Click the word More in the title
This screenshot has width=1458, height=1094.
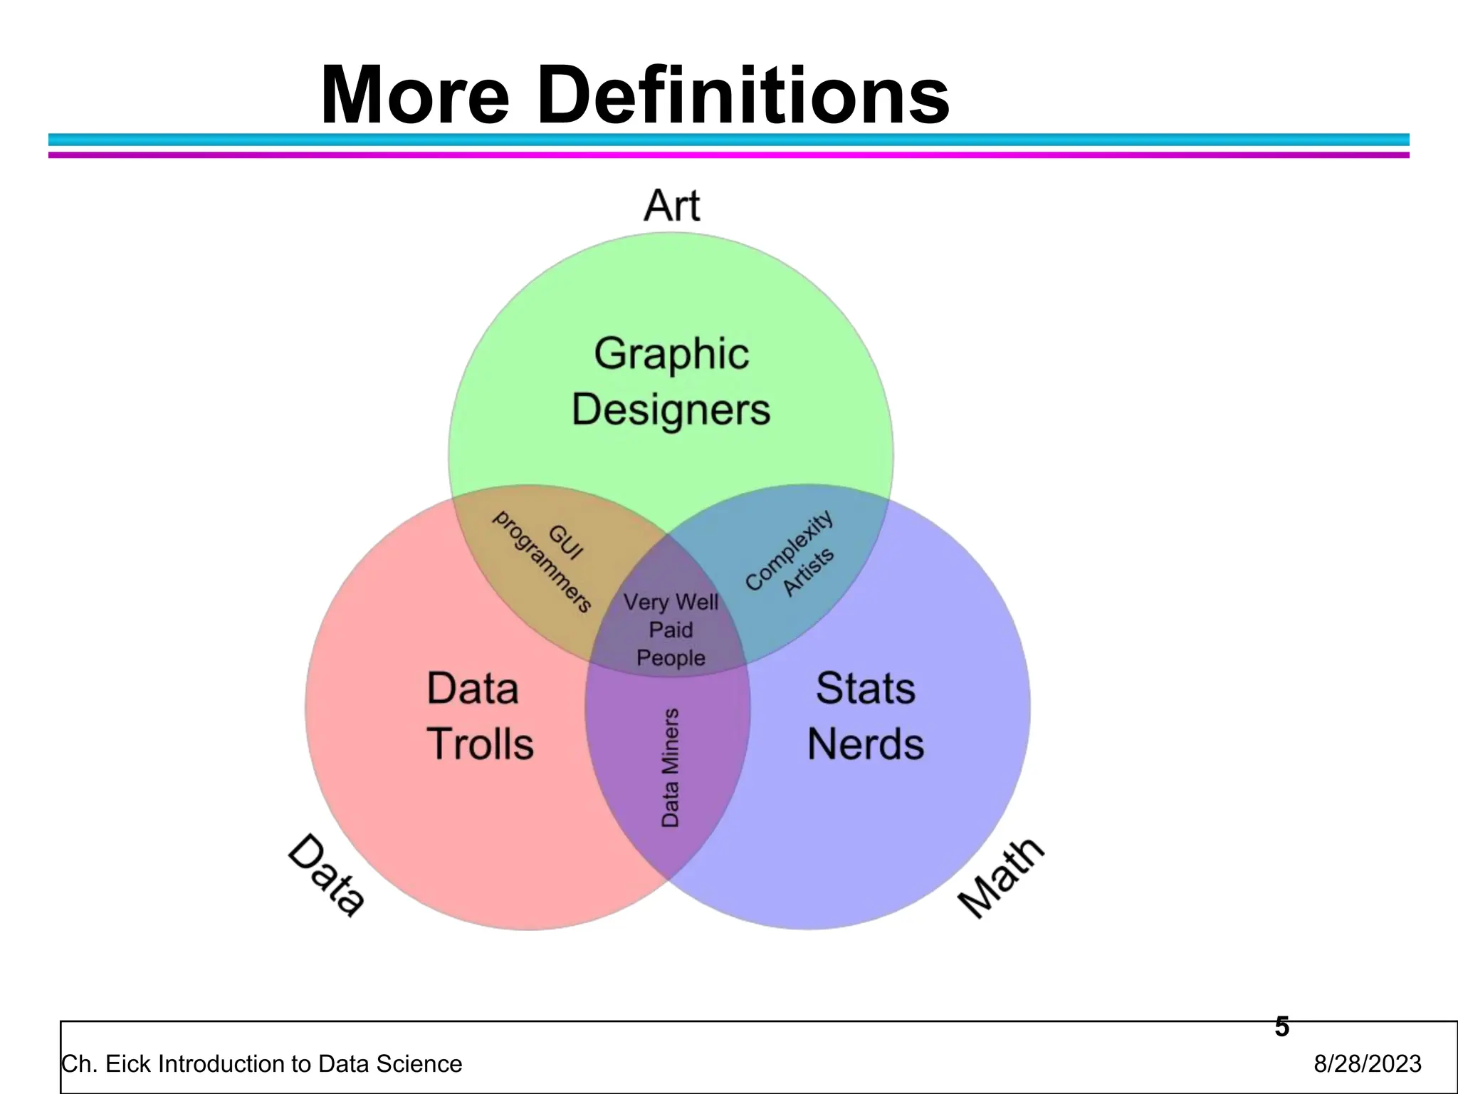point(415,95)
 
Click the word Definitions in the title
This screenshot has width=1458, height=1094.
point(743,95)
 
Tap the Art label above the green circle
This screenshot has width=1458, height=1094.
point(671,206)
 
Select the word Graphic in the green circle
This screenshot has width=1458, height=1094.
point(671,354)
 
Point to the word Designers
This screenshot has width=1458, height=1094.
point(671,410)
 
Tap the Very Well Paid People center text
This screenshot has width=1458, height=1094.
point(671,630)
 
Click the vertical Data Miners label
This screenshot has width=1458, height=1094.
point(670,767)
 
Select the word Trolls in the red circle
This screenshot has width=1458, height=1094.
point(481,744)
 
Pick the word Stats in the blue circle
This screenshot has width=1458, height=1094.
point(866,689)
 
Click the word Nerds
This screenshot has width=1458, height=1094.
point(866,744)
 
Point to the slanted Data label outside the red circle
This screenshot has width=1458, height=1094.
point(327,875)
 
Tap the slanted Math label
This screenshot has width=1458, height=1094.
point(1001,877)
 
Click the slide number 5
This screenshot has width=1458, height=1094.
point(1281,1027)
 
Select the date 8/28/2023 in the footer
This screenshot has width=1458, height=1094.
point(1367,1064)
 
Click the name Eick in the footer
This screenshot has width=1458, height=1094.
point(127,1064)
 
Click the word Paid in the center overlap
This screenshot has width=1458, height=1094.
point(671,630)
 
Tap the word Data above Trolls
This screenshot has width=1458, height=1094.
point(473,689)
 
